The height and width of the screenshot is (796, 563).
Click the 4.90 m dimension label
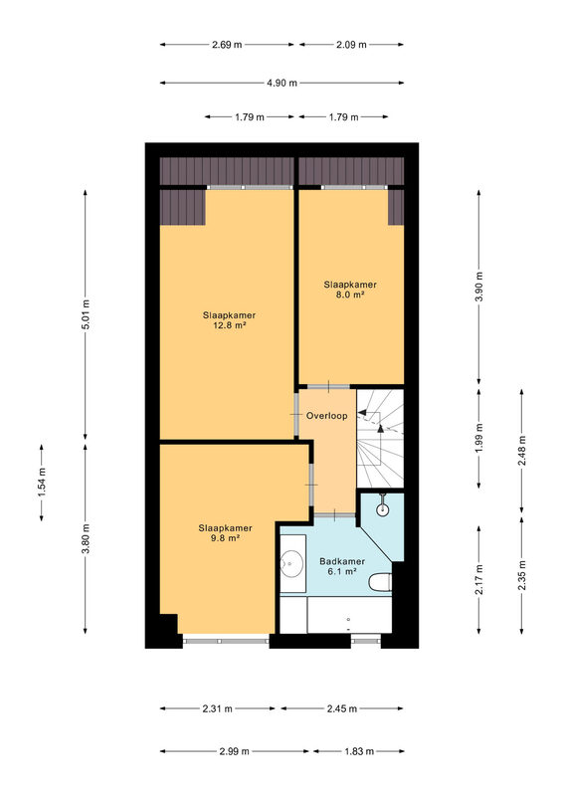(281, 83)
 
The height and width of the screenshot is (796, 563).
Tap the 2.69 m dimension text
(227, 45)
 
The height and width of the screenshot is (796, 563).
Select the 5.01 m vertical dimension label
(86, 314)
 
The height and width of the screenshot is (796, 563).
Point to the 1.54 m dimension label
(42, 482)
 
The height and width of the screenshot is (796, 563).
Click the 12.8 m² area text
(230, 325)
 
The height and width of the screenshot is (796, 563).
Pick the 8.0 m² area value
(350, 295)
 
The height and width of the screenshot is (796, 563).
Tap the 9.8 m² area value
(225, 538)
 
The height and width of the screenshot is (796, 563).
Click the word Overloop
(327, 416)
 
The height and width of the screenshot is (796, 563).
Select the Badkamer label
(342, 561)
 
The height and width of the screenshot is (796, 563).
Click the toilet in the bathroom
(381, 582)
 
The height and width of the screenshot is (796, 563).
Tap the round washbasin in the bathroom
(291, 562)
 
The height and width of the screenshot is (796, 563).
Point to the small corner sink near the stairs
(382, 509)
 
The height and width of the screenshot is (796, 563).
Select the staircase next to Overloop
(380, 439)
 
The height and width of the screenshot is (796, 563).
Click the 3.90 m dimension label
(478, 287)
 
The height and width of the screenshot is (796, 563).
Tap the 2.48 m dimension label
(522, 451)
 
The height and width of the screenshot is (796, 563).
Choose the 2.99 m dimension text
(235, 751)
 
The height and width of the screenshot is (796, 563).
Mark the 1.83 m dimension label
(359, 751)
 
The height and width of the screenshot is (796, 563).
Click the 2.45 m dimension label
(341, 708)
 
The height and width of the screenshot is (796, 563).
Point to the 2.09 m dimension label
(351, 45)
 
